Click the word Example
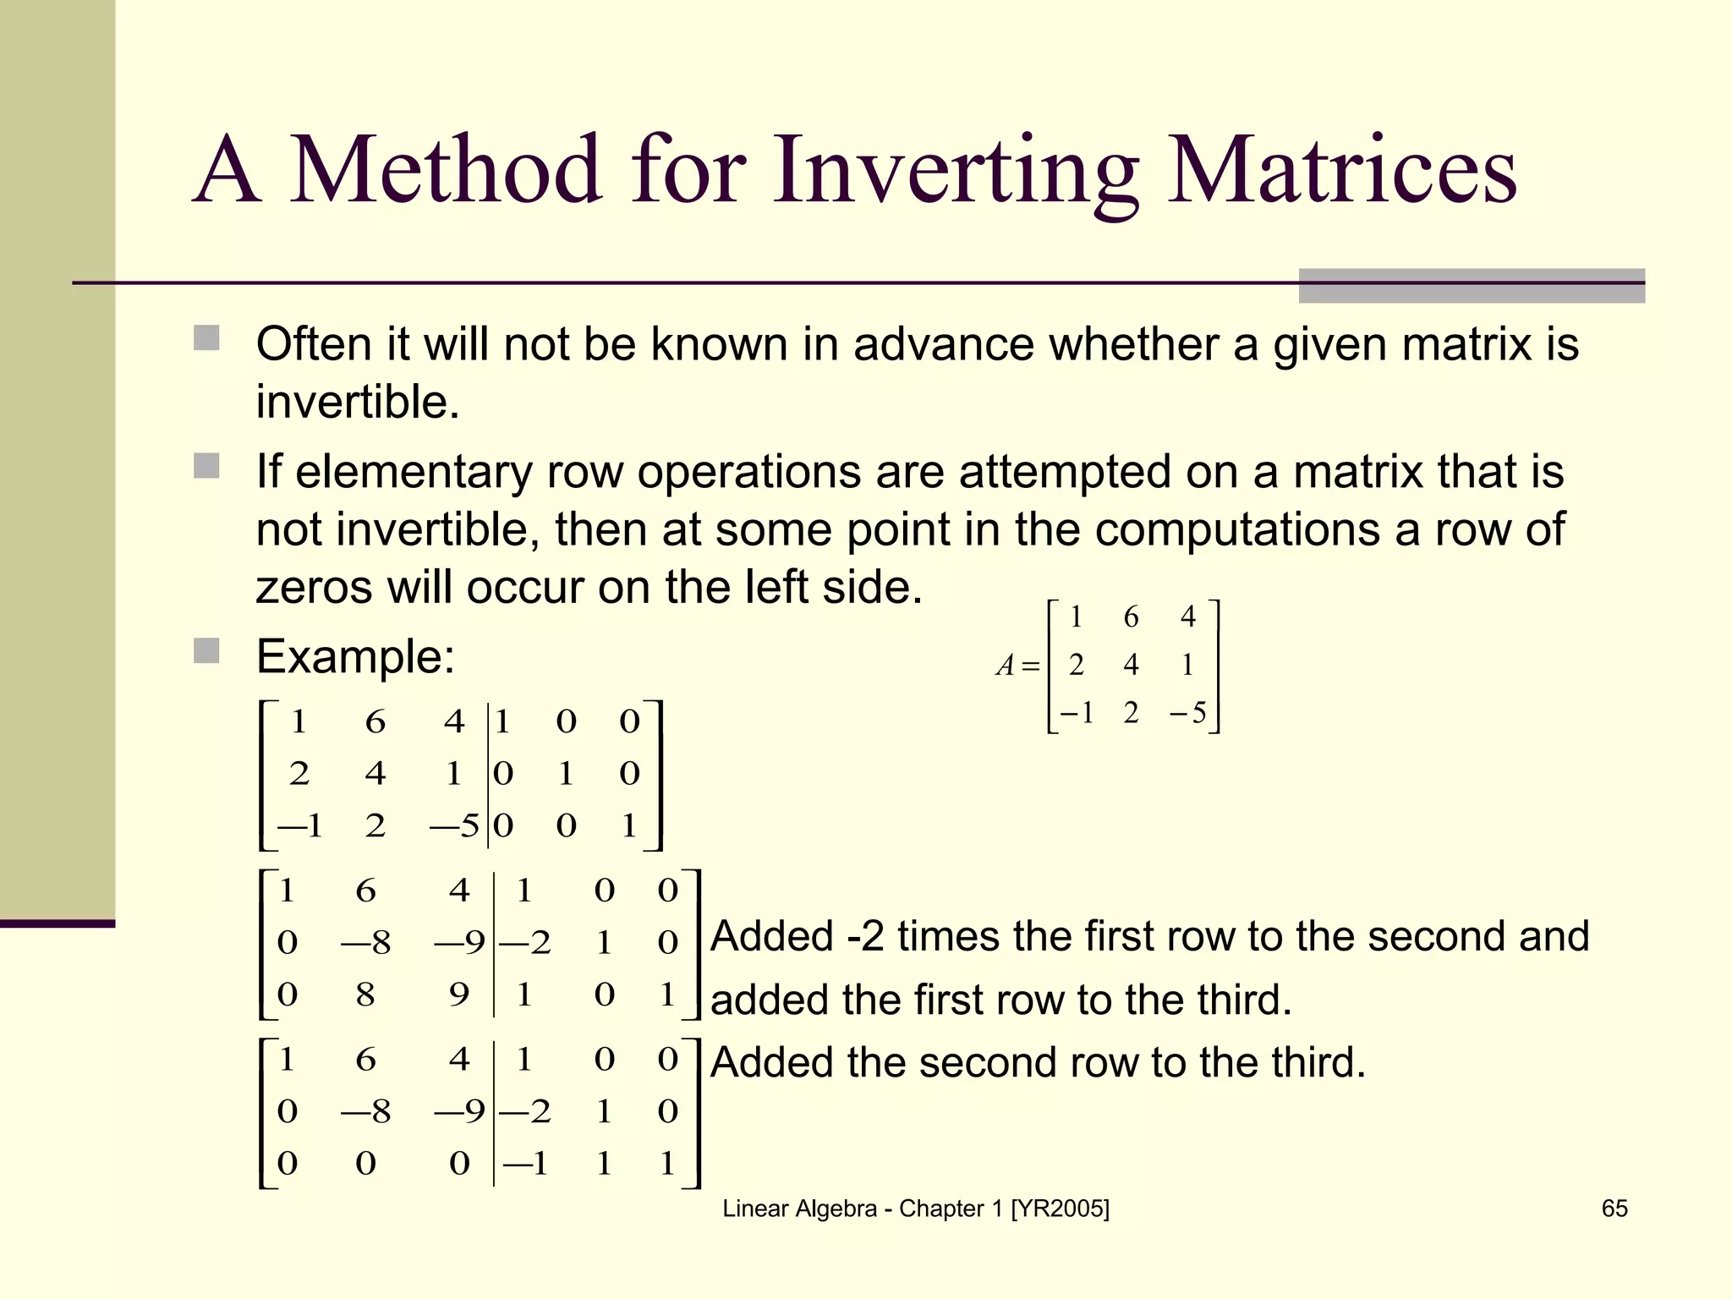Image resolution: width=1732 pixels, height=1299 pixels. [355, 656]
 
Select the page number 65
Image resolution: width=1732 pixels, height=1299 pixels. [1614, 1209]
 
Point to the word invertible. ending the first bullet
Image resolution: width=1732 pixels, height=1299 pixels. [358, 402]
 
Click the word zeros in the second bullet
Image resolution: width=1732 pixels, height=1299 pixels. [313, 587]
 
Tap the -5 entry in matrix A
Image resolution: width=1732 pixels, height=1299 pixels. [1187, 714]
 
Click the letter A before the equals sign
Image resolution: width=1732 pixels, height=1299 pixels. [1005, 666]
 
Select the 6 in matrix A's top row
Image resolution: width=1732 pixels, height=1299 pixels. [1131, 617]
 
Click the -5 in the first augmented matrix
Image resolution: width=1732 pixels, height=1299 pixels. [455, 825]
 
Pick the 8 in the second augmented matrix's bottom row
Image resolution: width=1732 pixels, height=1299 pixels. [364, 995]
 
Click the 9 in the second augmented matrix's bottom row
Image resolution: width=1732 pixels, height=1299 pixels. [459, 995]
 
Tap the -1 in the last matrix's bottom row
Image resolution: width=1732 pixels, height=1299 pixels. [526, 1164]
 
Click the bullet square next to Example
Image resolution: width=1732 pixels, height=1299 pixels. [206, 651]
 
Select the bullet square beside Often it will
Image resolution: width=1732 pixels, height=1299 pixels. [206, 338]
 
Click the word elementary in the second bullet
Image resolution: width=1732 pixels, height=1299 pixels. [414, 471]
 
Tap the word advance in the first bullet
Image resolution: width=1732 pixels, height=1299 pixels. [943, 344]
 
